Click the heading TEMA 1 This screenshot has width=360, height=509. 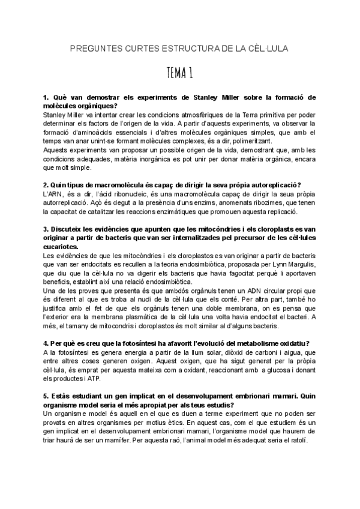click(179, 74)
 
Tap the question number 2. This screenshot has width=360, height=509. click(46, 184)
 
